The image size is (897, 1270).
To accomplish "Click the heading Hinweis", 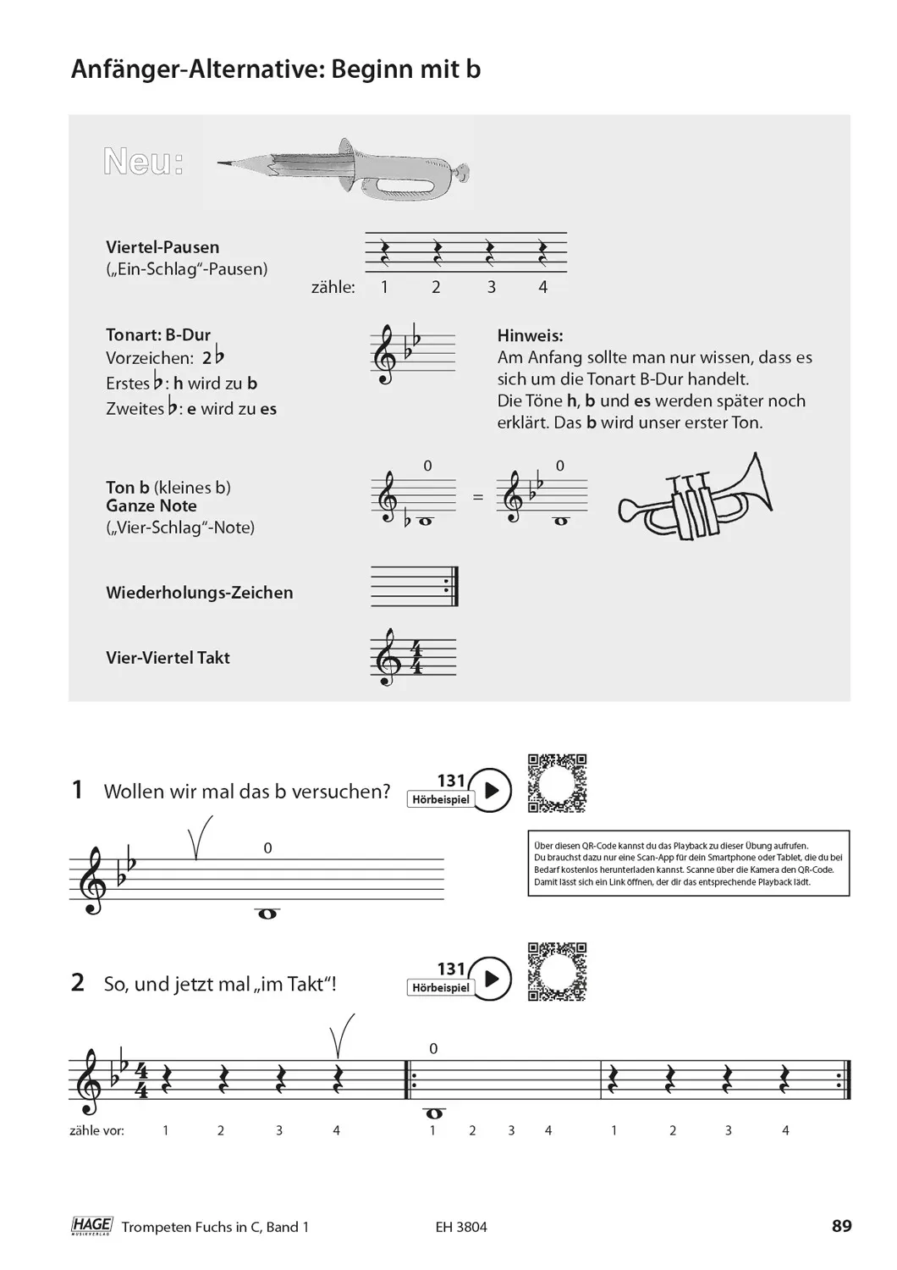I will [x=530, y=335].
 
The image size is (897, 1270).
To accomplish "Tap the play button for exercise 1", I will [x=490, y=790].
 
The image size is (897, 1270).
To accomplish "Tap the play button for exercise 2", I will [x=490, y=980].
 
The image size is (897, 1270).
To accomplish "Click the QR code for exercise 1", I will [x=557, y=783].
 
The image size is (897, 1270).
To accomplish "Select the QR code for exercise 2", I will [x=557, y=972].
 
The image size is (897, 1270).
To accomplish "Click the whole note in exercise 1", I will [x=267, y=914].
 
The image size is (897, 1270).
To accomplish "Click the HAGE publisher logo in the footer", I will [x=91, y=1225].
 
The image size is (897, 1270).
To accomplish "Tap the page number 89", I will [x=841, y=1225].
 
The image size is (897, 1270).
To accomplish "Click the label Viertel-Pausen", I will [x=162, y=247].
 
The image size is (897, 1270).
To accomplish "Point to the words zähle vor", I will [x=96, y=1130].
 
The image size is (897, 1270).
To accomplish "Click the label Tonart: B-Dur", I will [x=158, y=334].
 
